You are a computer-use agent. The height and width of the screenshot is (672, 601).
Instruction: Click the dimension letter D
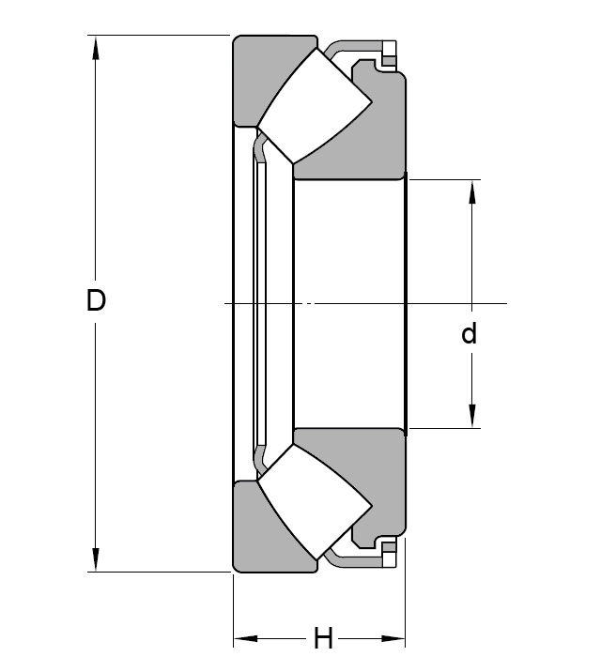click(96, 301)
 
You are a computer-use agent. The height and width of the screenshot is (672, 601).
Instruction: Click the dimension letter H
click(323, 640)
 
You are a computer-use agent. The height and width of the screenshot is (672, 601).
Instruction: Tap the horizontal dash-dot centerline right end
click(504, 303)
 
